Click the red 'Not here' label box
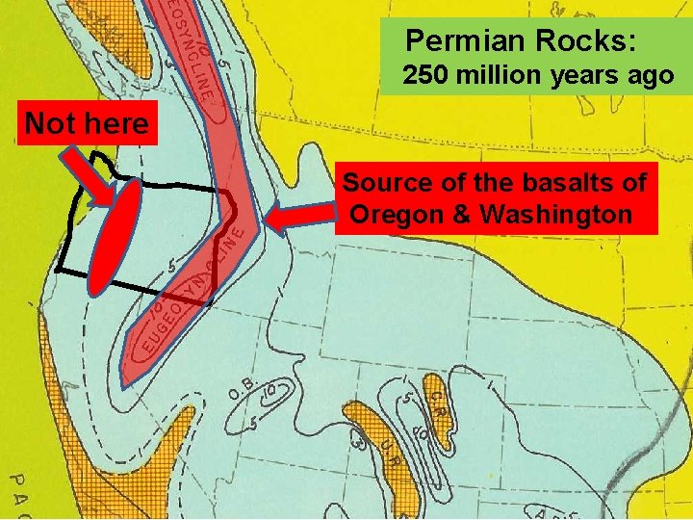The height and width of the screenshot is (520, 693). [87, 124]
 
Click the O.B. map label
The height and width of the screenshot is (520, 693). [242, 389]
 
